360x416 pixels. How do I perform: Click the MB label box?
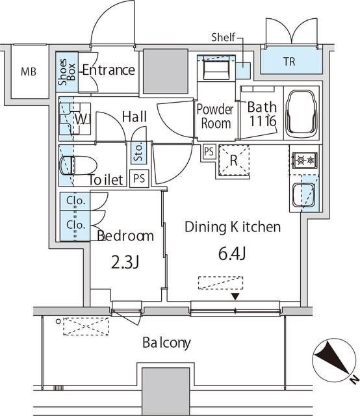tap(28, 71)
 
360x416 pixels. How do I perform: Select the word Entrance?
tap(108, 70)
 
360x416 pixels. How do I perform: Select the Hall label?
tap(134, 116)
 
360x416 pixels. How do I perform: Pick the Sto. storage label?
tap(139, 152)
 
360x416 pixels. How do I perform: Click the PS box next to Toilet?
tap(139, 178)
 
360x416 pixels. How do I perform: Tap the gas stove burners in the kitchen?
tap(303, 160)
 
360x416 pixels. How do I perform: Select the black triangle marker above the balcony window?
tap(235, 297)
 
